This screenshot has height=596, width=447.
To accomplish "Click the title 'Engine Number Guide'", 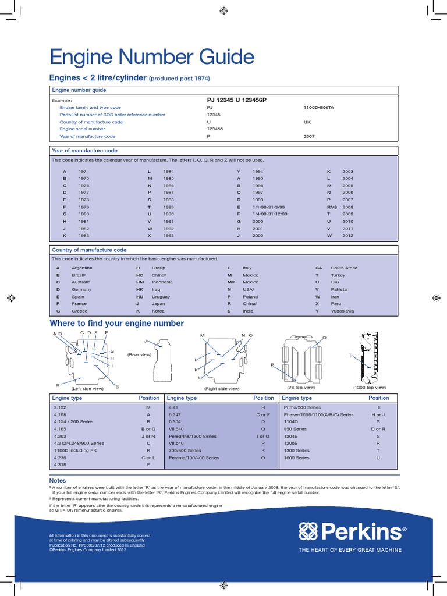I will (x=152, y=57).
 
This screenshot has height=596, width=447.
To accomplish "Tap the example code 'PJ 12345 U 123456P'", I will (x=232, y=100).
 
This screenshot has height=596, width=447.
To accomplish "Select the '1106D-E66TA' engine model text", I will (x=319, y=108).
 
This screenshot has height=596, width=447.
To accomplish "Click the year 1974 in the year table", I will (x=84, y=172).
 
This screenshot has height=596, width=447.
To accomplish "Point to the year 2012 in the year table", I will (x=347, y=236).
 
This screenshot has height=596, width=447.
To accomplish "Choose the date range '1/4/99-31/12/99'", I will (x=269, y=214).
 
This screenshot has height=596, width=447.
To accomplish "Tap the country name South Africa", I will (x=344, y=268).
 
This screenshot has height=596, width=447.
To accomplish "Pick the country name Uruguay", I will (x=161, y=296).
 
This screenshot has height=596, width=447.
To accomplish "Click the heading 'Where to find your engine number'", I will (x=117, y=323).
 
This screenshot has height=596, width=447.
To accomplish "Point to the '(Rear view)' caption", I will (x=139, y=354).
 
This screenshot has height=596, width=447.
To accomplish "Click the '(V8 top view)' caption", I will (x=301, y=387).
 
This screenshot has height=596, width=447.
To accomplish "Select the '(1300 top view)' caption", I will (x=370, y=387).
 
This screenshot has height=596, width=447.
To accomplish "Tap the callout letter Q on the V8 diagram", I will (x=325, y=338).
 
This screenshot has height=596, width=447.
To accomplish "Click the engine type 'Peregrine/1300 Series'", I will (x=192, y=436).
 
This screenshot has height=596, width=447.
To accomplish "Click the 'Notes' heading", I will (x=58, y=480).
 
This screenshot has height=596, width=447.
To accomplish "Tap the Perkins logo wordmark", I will (x=350, y=531).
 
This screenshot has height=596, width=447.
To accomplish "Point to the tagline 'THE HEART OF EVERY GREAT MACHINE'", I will (x=350, y=550).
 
